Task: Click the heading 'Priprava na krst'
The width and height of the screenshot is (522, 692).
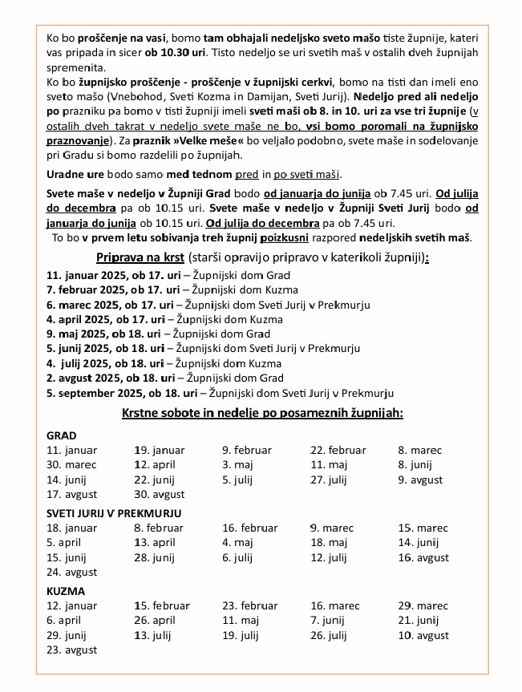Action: pos(140,257)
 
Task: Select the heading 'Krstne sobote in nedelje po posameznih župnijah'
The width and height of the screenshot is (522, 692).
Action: pos(262,414)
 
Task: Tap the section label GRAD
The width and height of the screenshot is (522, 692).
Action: pos(62,435)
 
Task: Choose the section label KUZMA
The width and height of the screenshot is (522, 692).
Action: pos(67,591)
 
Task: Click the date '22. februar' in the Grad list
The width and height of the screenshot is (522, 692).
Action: pos(339,451)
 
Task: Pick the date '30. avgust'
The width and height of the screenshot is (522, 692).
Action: pos(160,494)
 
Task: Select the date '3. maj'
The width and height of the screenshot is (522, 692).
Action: pos(237,465)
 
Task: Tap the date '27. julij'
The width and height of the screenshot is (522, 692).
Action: pos(329,480)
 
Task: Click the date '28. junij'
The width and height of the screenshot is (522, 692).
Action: pos(155,557)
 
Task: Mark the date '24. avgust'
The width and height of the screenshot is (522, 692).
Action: pos(72,572)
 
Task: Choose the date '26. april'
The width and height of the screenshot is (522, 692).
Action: pos(155,621)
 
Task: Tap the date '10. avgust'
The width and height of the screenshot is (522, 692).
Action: pos(423,635)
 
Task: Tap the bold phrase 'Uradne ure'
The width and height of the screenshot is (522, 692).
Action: pos(74,175)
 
